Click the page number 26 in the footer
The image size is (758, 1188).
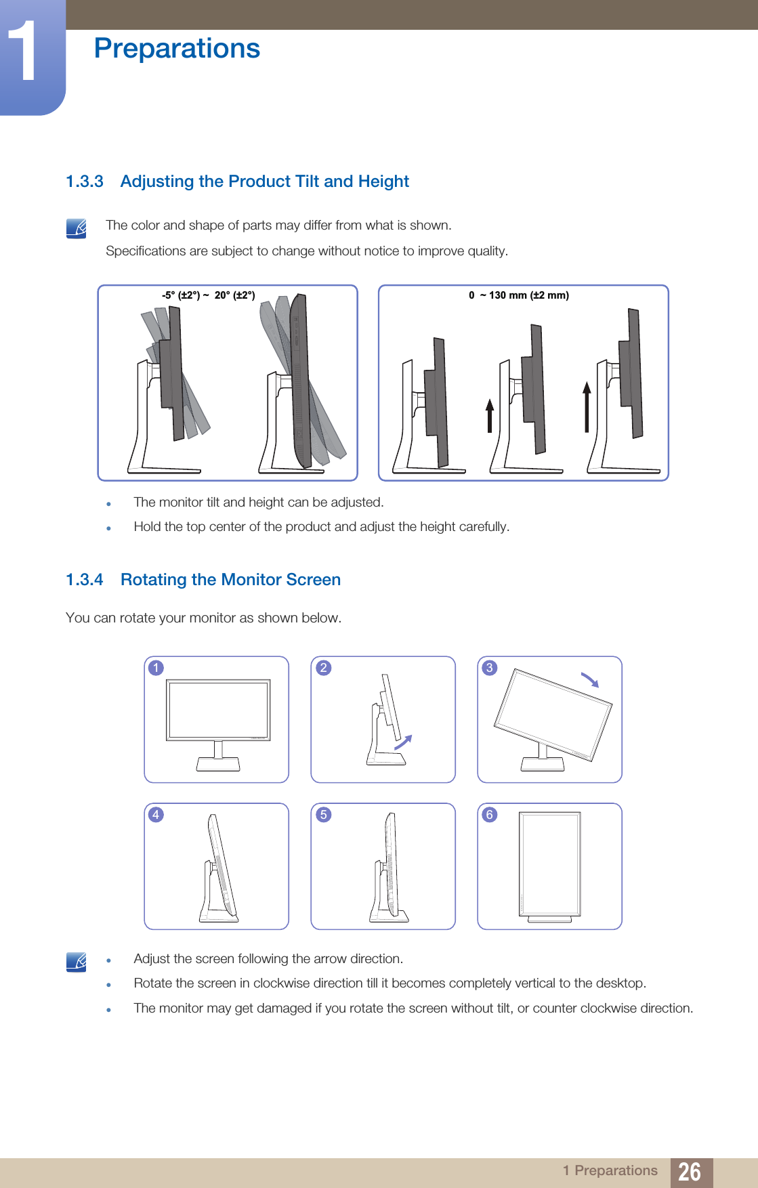[x=690, y=1172]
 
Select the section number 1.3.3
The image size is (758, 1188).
[x=85, y=182]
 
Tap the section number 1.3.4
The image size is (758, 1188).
[x=85, y=580]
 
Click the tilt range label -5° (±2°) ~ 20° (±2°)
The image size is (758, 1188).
[x=208, y=295]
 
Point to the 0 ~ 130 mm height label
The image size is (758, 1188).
[x=519, y=295]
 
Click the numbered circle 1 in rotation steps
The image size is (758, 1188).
[x=156, y=668]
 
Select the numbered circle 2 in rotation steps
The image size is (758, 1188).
[x=323, y=668]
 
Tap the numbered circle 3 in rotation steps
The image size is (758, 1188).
[x=489, y=668]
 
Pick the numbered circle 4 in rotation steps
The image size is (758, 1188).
[x=156, y=814]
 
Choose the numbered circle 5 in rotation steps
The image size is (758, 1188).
[x=323, y=814]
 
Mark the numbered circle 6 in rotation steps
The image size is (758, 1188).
[x=489, y=814]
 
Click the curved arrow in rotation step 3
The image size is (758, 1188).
[x=590, y=680]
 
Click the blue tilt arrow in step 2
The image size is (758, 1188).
[x=403, y=742]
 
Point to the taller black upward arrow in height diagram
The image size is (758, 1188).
[x=587, y=406]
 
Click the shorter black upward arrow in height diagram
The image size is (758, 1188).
[x=489, y=415]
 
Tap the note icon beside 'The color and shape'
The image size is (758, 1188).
[x=77, y=229]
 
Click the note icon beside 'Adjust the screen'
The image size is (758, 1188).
[x=77, y=962]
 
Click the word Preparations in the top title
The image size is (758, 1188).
[x=177, y=49]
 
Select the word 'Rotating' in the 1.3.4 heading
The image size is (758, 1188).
[x=154, y=580]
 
